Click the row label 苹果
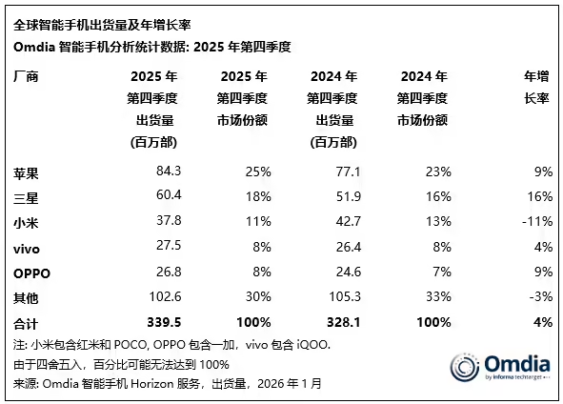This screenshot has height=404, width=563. (x=27, y=173)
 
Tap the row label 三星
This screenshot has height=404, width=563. (x=27, y=197)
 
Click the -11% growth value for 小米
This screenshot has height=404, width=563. (x=538, y=222)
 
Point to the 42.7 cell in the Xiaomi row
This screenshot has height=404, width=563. (x=342, y=222)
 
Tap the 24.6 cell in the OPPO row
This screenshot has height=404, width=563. (x=342, y=272)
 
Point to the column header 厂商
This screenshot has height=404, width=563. (x=27, y=76)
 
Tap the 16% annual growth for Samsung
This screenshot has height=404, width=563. (x=540, y=197)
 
